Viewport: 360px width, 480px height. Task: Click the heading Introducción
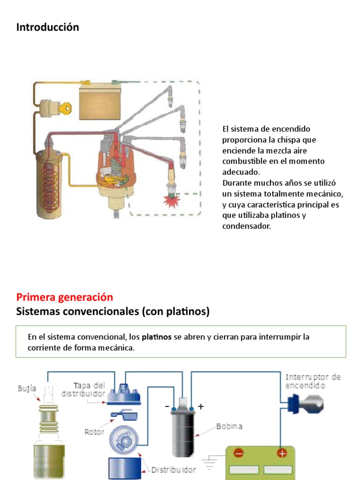[x=47, y=27]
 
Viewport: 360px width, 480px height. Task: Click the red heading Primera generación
[x=65, y=297]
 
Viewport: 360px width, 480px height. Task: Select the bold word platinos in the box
[x=157, y=337]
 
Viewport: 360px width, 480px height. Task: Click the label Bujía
[x=26, y=389]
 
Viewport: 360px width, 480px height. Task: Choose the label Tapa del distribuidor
[x=89, y=390]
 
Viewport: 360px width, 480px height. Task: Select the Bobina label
[x=229, y=427]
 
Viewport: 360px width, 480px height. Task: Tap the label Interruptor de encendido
[x=313, y=381]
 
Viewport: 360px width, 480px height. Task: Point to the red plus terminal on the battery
[x=282, y=453]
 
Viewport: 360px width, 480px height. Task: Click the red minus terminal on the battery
[x=239, y=453]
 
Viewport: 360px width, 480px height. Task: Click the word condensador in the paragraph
[x=246, y=226]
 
